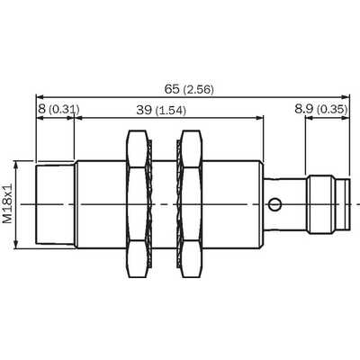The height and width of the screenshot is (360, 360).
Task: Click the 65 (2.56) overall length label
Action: pyautogui.click(x=189, y=89)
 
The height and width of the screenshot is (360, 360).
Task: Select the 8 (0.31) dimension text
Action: pyautogui.click(x=58, y=110)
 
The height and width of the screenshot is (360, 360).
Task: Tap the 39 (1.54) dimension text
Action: pyautogui.click(x=161, y=111)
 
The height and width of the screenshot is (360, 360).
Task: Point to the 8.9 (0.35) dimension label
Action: pyautogui.click(x=321, y=109)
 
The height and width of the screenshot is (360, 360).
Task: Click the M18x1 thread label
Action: pyautogui.click(x=8, y=203)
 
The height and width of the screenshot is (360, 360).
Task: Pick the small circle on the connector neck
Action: pyautogui.click(x=274, y=205)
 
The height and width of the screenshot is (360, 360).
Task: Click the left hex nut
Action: pyautogui.click(x=138, y=204)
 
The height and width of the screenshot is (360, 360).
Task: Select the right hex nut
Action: pyautogui.click(x=192, y=204)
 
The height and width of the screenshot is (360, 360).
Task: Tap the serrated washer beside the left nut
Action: pyautogui.click(x=150, y=204)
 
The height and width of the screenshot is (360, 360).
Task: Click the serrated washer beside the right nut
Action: pyautogui.click(x=179, y=204)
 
